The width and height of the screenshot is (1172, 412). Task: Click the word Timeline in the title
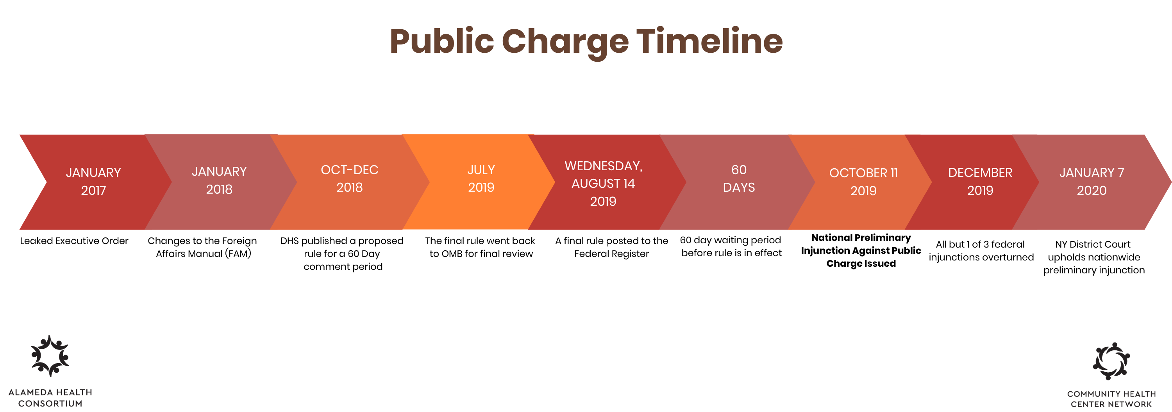[x=709, y=41]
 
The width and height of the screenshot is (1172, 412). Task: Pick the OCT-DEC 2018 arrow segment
[x=349, y=182]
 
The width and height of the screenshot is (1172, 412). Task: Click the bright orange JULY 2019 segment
[x=480, y=182]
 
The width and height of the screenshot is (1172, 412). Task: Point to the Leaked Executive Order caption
[x=74, y=241]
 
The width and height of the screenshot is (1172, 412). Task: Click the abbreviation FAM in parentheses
[x=238, y=253]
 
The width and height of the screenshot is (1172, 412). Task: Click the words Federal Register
[x=611, y=254]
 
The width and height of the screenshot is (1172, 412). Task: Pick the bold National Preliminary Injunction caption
[x=861, y=251]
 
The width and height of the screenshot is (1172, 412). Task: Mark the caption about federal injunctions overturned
[x=981, y=251]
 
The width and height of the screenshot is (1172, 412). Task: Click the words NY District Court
[x=1092, y=244]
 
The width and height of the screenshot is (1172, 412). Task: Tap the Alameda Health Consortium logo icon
[x=50, y=356]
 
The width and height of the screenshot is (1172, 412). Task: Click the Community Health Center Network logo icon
[x=1111, y=361]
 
